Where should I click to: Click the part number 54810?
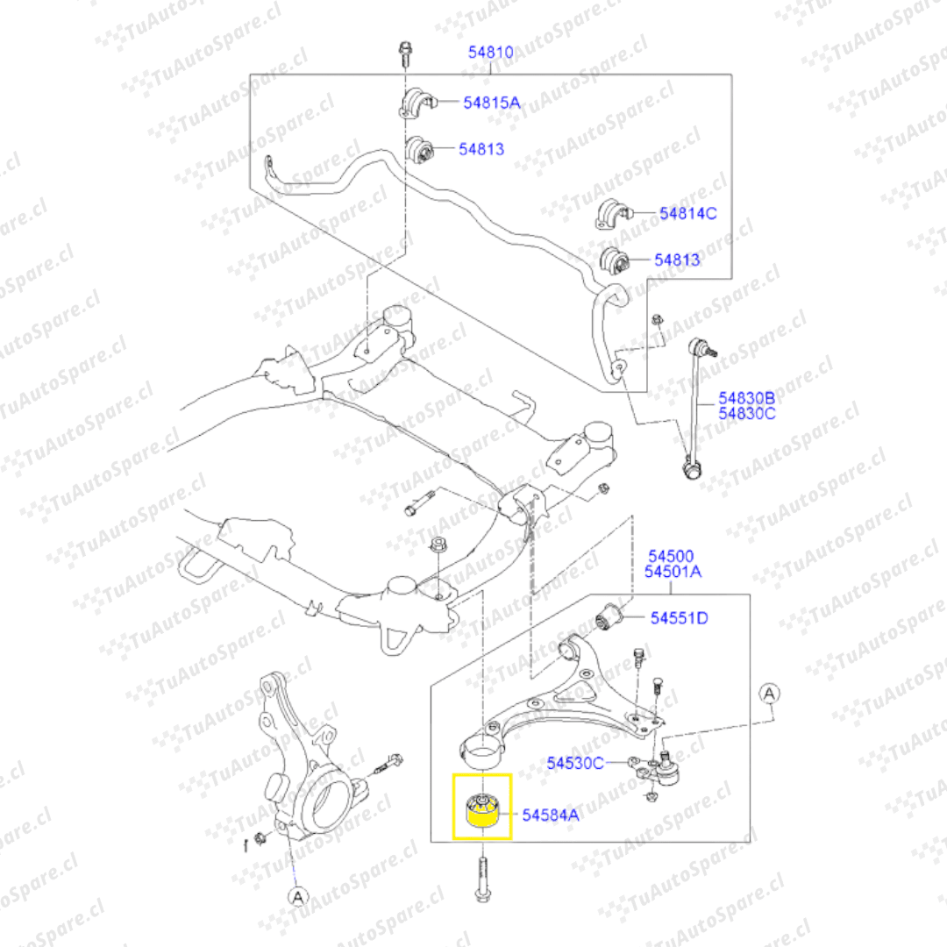(x=490, y=53)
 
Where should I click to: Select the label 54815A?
(x=491, y=103)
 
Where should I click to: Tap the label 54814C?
(x=688, y=212)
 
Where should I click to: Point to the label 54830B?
(x=747, y=397)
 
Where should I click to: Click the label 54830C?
(x=747, y=413)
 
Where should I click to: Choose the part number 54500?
(x=671, y=556)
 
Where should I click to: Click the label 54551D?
(x=679, y=618)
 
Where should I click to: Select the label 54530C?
(x=575, y=763)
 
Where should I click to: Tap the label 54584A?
(x=551, y=815)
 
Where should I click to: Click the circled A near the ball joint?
(x=769, y=694)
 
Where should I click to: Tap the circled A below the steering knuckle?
(x=297, y=896)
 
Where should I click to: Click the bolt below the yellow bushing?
(x=482, y=881)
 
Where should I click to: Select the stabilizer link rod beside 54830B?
(x=699, y=408)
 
